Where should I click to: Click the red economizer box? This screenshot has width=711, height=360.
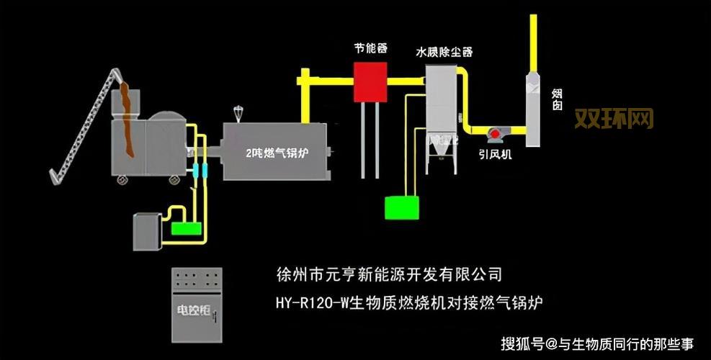(x=370, y=81)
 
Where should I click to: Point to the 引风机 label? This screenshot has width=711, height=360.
(x=496, y=153)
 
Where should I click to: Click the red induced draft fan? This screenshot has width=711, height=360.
(x=496, y=134)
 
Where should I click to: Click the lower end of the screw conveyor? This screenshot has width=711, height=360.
(x=53, y=176)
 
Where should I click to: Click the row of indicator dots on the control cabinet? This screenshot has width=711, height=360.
(x=197, y=276)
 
